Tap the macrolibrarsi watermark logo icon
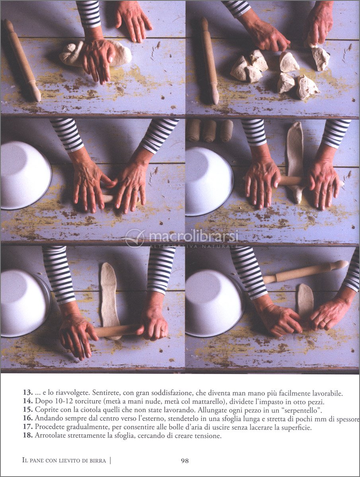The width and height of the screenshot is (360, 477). pos(135,238)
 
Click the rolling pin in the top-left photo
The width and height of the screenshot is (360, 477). pos(23,60)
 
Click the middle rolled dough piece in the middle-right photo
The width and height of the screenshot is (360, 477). pos(210,130)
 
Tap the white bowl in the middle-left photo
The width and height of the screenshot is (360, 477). pos(26,175)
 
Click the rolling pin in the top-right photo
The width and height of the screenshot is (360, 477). pos(210,60)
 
